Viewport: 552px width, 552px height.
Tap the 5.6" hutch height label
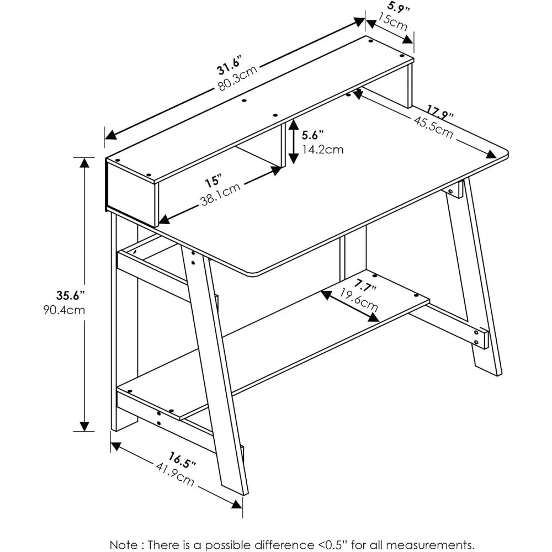(x=312, y=135)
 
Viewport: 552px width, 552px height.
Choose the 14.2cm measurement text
(x=322, y=149)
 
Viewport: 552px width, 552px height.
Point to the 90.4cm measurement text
(x=64, y=310)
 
